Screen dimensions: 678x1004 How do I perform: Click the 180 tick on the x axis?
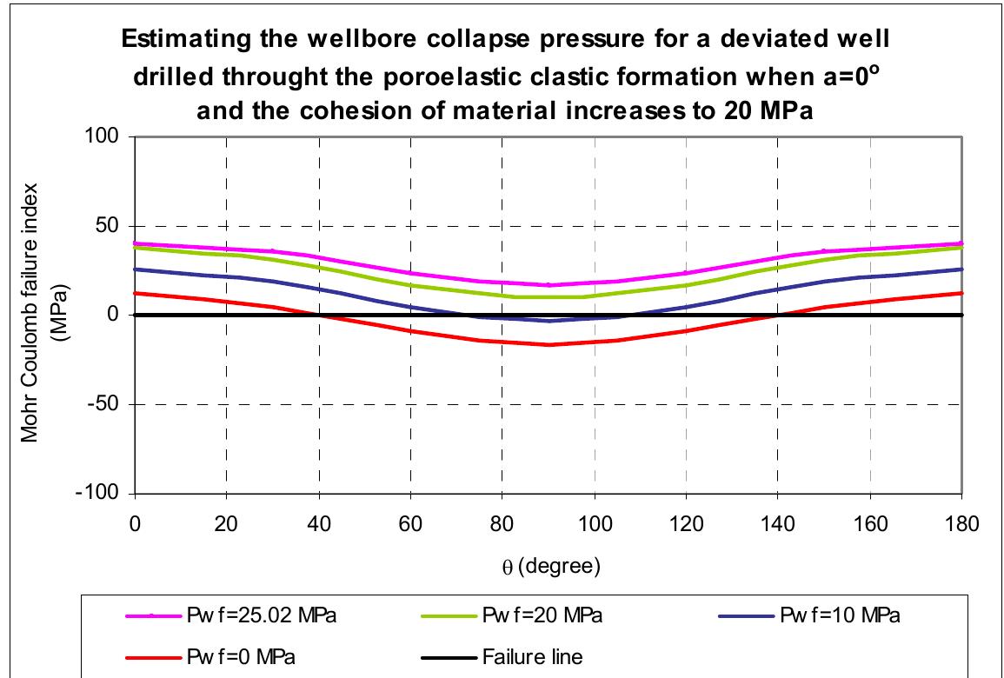961,524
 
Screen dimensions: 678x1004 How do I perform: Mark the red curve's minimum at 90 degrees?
548,344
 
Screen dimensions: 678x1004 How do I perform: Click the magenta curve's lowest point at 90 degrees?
548,285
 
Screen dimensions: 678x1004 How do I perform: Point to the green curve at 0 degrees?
135,248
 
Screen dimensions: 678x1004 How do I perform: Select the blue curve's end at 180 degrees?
961,269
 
